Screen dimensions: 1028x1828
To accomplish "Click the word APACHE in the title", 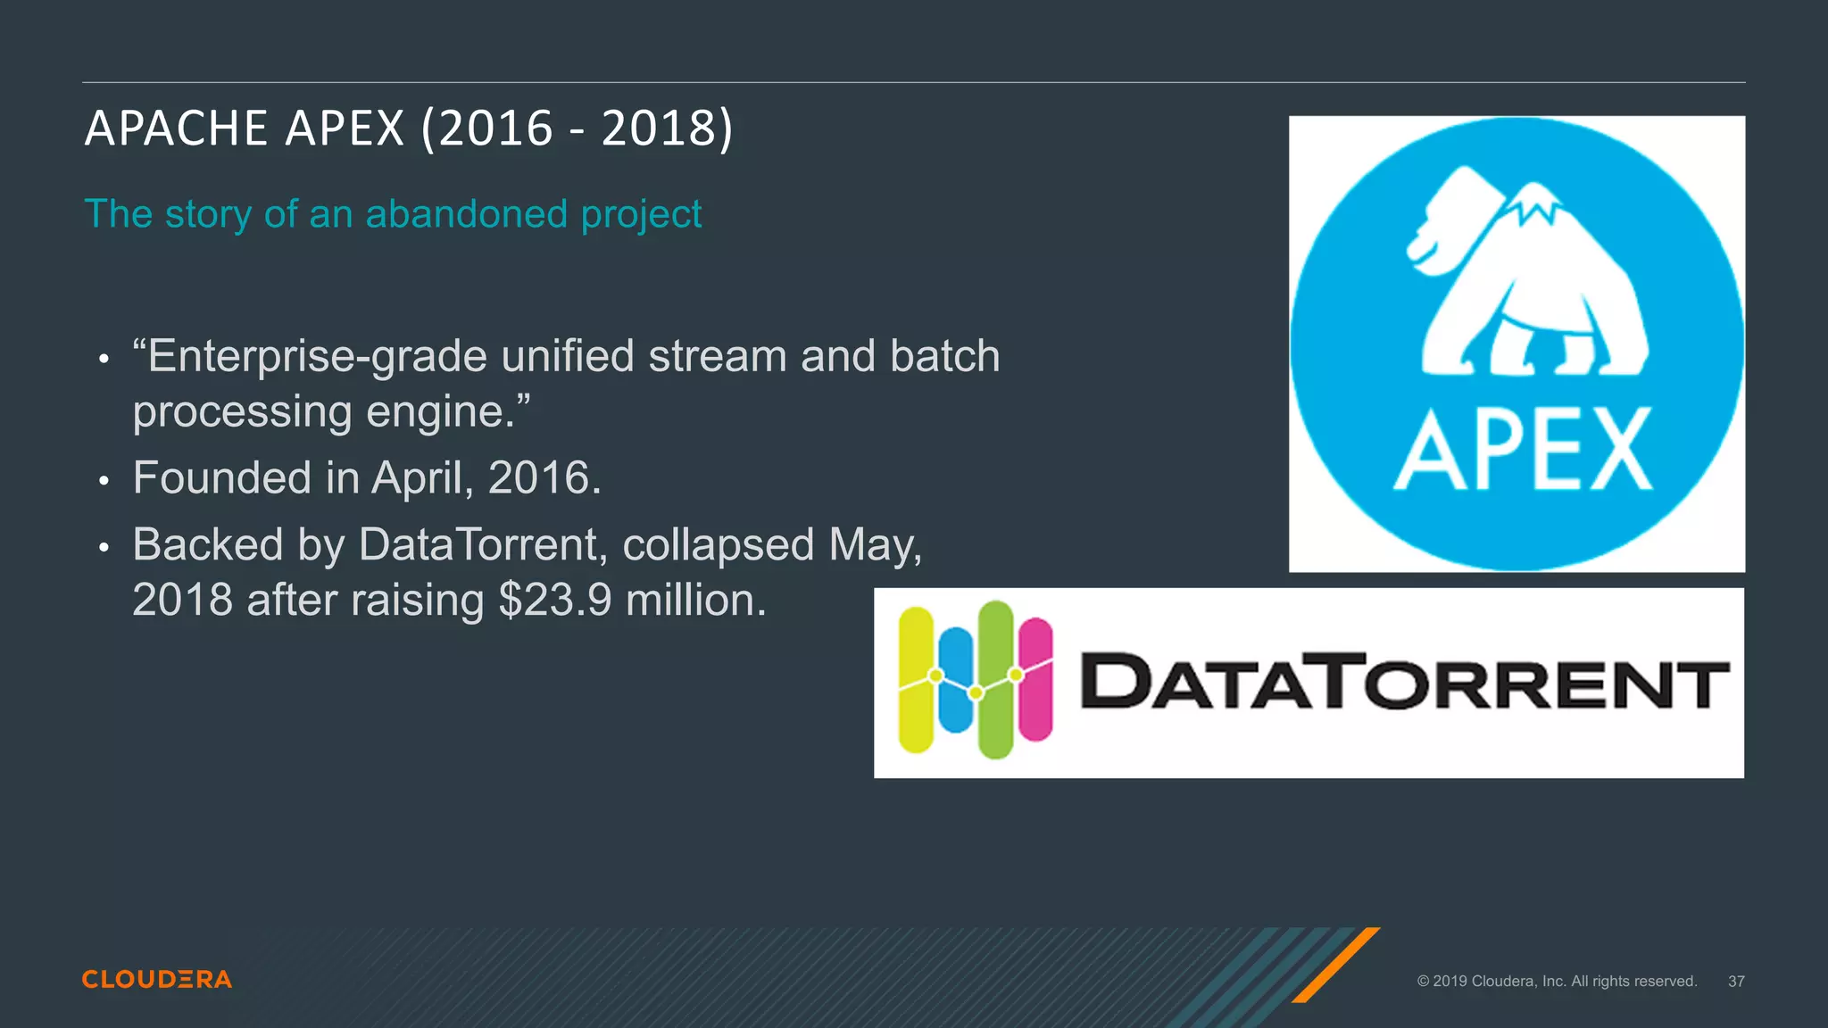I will (x=176, y=128).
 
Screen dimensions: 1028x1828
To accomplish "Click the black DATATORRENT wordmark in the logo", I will (x=1404, y=682).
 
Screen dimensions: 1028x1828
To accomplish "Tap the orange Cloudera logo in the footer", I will (x=157, y=980).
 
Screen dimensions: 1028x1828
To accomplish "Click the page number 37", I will (x=1736, y=982).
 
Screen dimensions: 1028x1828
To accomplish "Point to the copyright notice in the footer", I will (x=1557, y=982).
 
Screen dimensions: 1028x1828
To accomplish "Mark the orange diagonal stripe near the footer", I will (x=1335, y=965).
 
